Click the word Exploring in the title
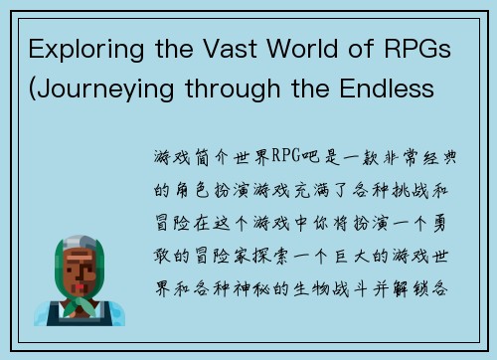[x=79, y=52]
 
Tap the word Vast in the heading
[x=219, y=52]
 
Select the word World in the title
[x=300, y=52]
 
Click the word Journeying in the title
[x=102, y=90]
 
